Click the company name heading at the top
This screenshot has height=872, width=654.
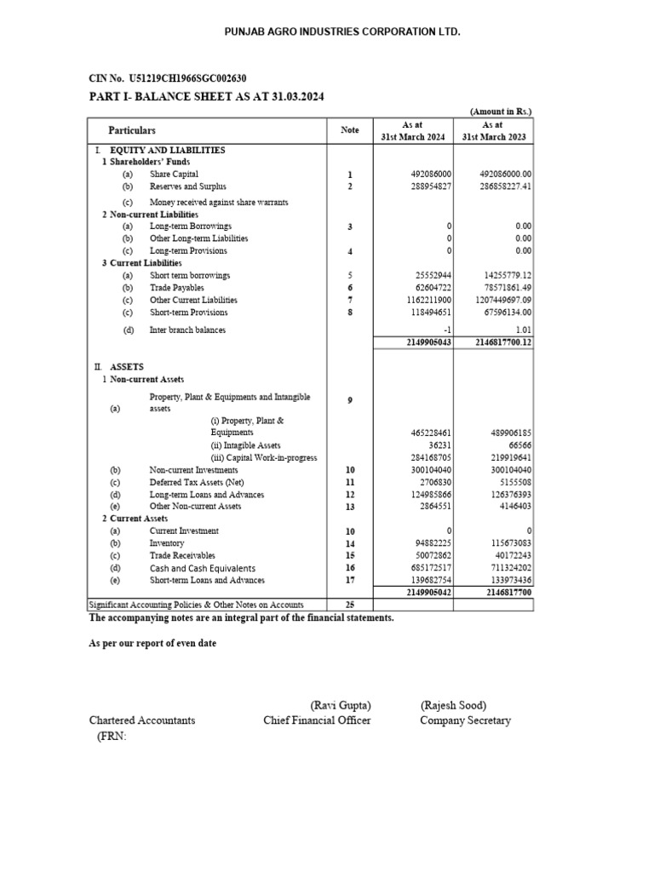point(330,32)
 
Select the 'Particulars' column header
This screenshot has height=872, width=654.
point(132,130)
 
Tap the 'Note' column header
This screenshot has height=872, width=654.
point(349,130)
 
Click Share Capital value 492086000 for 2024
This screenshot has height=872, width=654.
point(430,175)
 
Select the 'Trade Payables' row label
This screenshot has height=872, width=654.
point(176,288)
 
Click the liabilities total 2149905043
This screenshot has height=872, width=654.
point(427,342)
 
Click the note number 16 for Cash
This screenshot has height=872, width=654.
point(349,568)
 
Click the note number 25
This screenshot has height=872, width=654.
point(349,605)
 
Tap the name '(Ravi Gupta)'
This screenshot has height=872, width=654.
point(341,705)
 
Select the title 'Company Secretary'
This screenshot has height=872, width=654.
point(465,720)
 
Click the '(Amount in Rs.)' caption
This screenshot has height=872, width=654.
point(501,112)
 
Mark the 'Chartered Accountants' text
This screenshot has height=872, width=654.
point(142,720)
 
